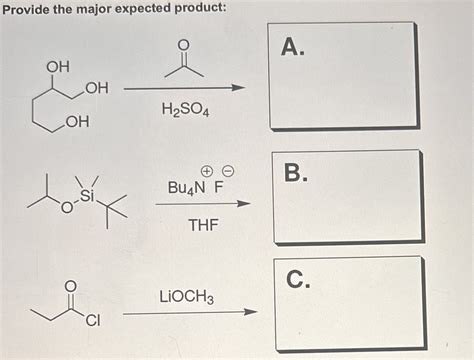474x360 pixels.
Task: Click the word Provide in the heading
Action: click(29, 8)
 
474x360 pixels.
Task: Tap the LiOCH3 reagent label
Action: click(186, 297)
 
